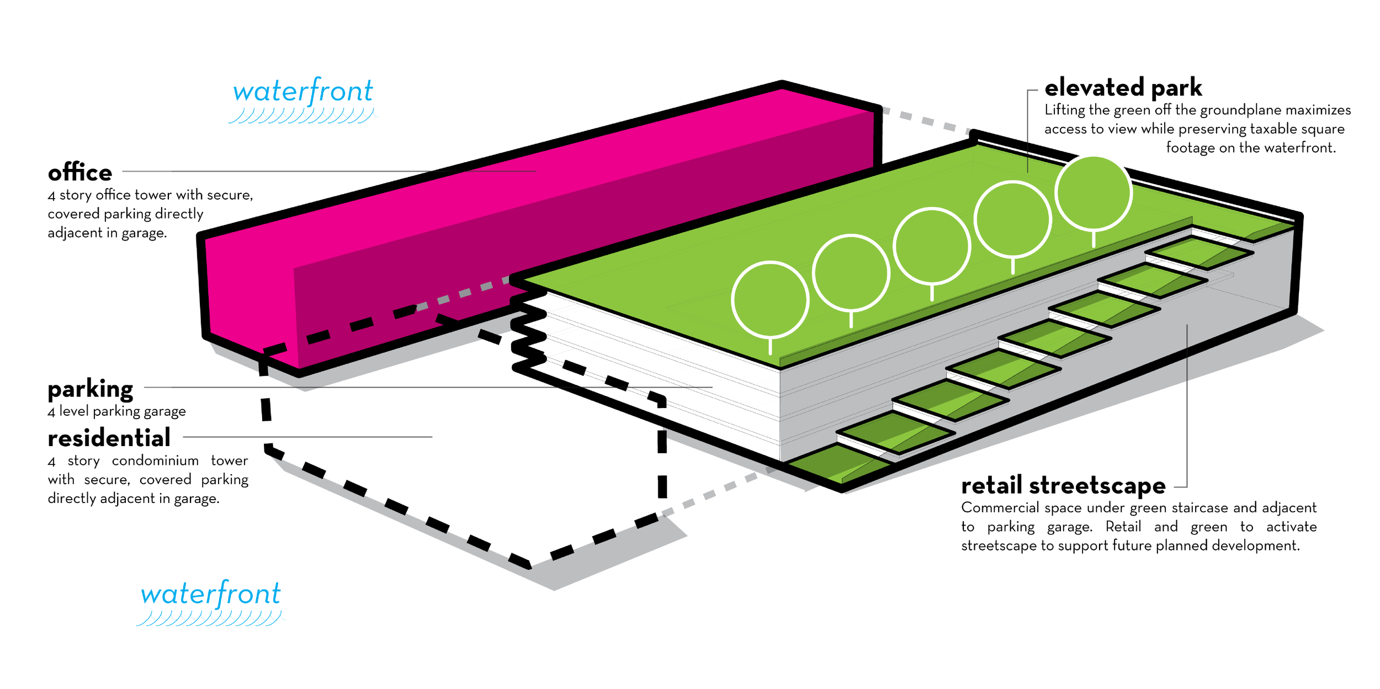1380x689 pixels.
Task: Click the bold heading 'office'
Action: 80,173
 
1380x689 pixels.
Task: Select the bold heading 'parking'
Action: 91,389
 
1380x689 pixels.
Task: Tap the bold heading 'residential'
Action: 109,438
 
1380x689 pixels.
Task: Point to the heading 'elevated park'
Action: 1123,88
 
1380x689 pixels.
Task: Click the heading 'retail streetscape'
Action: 1063,485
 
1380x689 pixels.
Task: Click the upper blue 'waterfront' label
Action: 303,91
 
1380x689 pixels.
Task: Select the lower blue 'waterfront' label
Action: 211,594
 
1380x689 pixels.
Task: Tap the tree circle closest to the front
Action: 770,299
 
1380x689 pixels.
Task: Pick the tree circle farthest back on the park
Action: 1094,193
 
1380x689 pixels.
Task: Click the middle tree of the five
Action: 932,246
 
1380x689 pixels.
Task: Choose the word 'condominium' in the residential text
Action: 155,460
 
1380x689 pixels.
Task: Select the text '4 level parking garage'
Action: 116,411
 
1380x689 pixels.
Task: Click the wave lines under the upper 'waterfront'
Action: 302,115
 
